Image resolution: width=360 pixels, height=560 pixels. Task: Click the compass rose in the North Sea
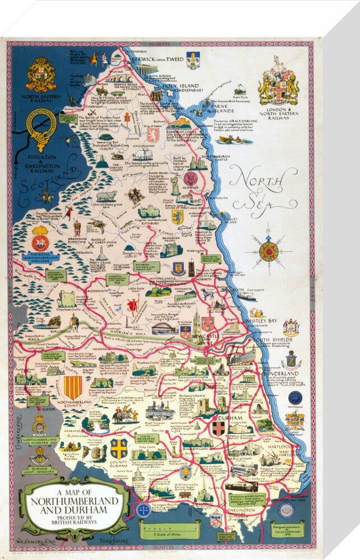click(268, 251)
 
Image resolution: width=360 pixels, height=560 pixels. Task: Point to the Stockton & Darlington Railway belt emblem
click(41, 129)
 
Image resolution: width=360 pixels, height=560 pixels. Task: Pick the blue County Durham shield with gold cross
click(119, 447)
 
